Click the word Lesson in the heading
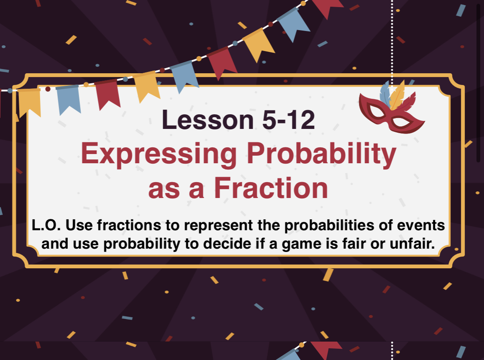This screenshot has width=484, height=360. tap(208, 120)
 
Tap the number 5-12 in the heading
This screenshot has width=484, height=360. tap(289, 120)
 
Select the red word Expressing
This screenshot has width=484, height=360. tap(159, 154)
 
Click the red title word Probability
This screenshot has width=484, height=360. tap(321, 154)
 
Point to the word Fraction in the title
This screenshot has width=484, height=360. tap(271, 188)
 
